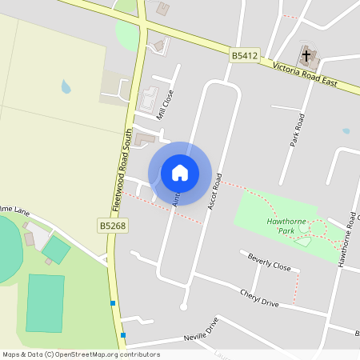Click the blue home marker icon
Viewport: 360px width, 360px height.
click(180, 172)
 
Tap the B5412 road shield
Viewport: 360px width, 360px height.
click(245, 55)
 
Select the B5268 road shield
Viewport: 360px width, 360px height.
click(113, 226)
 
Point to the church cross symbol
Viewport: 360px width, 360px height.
click(306, 55)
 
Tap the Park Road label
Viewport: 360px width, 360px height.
click(299, 129)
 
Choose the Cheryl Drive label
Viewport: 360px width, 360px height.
click(259, 298)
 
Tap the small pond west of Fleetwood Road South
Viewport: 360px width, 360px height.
click(66, 86)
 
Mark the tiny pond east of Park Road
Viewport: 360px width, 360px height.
click(346, 130)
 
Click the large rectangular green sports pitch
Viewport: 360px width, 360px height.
click(45, 302)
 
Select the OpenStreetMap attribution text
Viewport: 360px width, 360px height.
click(81, 354)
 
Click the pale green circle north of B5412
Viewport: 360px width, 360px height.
click(127, 34)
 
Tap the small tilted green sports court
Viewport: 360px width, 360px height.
click(56, 250)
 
